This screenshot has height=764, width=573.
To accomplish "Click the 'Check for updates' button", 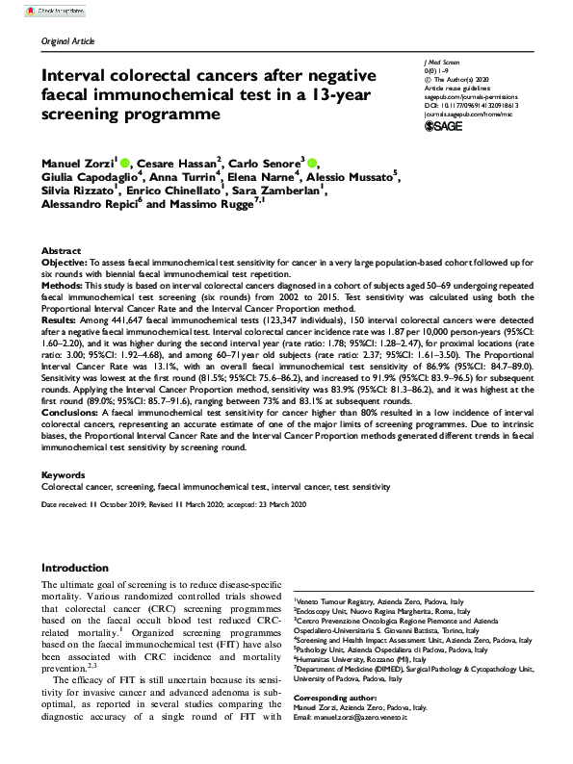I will pos(35,9).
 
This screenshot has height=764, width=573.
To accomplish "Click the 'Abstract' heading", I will pos(60,249).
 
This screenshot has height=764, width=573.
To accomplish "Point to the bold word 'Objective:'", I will pos(66,262).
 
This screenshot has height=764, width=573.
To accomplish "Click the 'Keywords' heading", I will pos(64,475).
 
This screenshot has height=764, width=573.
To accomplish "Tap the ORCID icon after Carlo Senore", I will pos(314,162).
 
